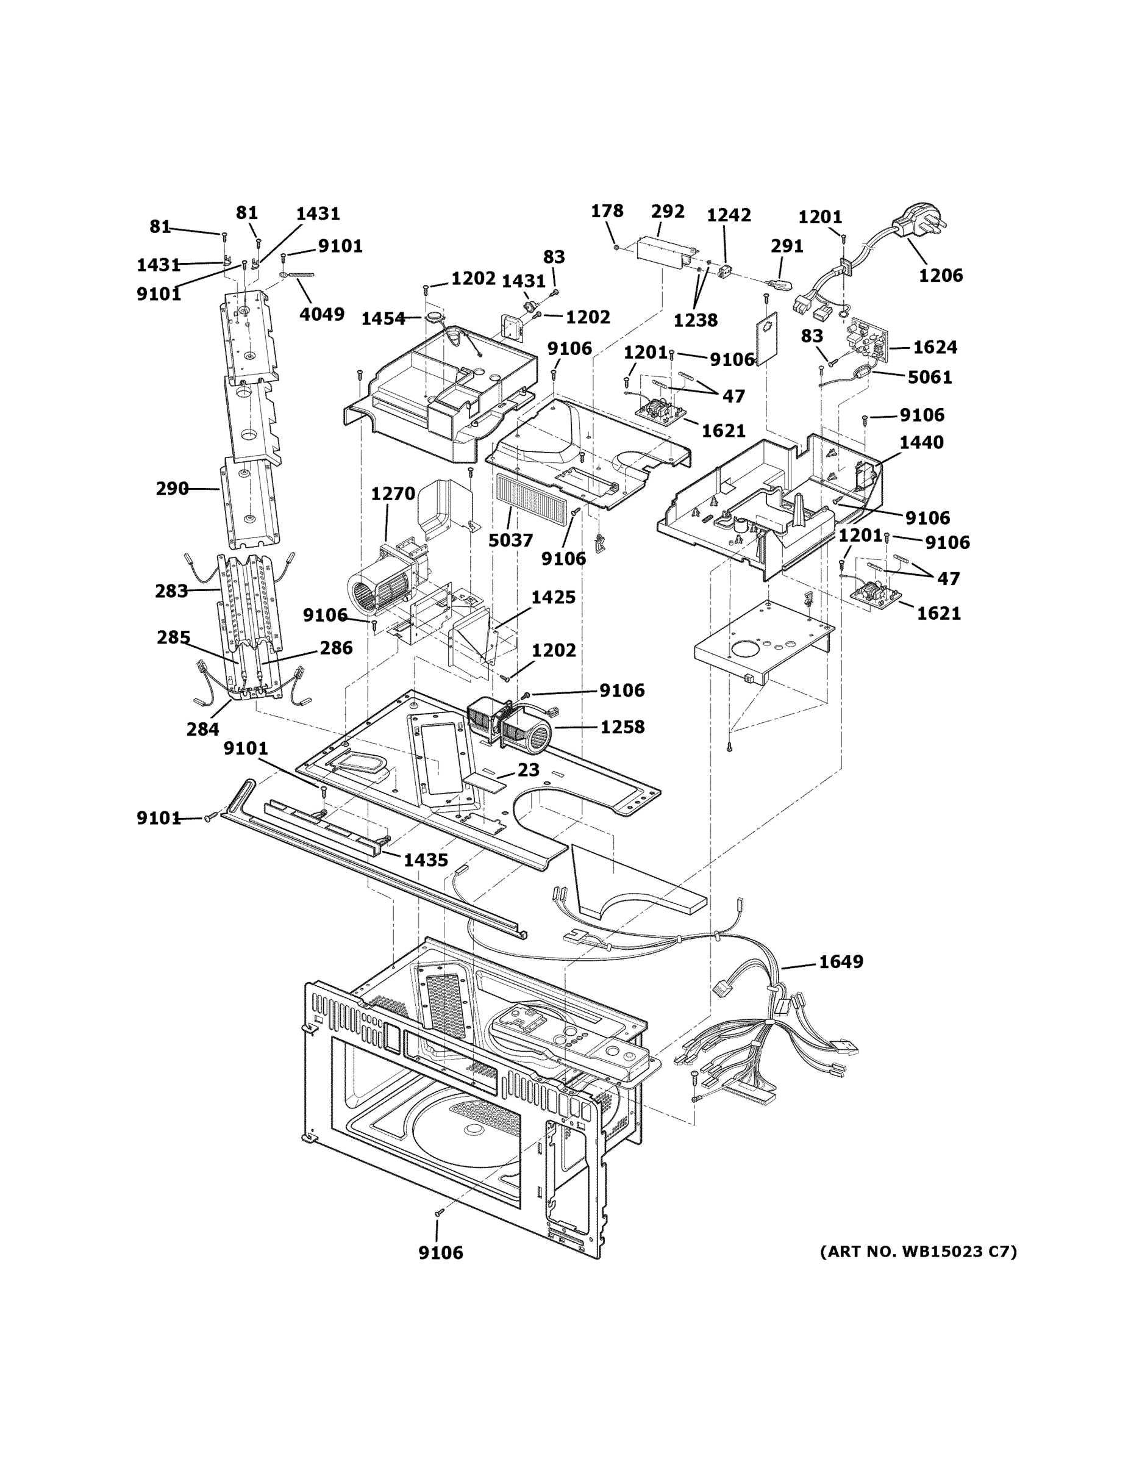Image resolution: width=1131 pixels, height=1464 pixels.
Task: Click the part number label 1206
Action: [x=940, y=276]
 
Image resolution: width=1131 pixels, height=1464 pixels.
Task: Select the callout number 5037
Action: [x=510, y=540]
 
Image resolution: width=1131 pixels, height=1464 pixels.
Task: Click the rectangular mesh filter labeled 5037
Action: [x=531, y=497]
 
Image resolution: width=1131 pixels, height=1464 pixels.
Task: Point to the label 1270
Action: [x=393, y=494]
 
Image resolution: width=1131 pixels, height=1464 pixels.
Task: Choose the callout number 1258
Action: [x=622, y=727]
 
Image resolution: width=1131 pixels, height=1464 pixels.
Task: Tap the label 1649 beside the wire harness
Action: [x=841, y=961]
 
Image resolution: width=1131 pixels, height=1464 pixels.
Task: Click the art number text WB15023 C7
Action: [x=918, y=1252]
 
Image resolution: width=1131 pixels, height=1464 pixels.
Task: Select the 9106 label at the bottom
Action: [x=440, y=1252]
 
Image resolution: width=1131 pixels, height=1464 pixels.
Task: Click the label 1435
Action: [x=426, y=860]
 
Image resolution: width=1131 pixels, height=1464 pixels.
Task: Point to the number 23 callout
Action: [x=528, y=770]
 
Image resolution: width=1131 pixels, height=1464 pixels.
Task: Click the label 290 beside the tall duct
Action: [x=172, y=489]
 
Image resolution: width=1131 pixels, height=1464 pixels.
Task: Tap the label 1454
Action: [x=384, y=319]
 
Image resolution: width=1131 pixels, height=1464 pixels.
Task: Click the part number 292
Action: [x=668, y=212]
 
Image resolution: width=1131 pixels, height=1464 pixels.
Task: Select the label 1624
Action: [x=935, y=347]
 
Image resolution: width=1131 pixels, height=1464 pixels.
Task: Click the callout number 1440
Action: [x=921, y=442]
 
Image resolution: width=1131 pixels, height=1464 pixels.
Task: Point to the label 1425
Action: [x=553, y=597]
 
